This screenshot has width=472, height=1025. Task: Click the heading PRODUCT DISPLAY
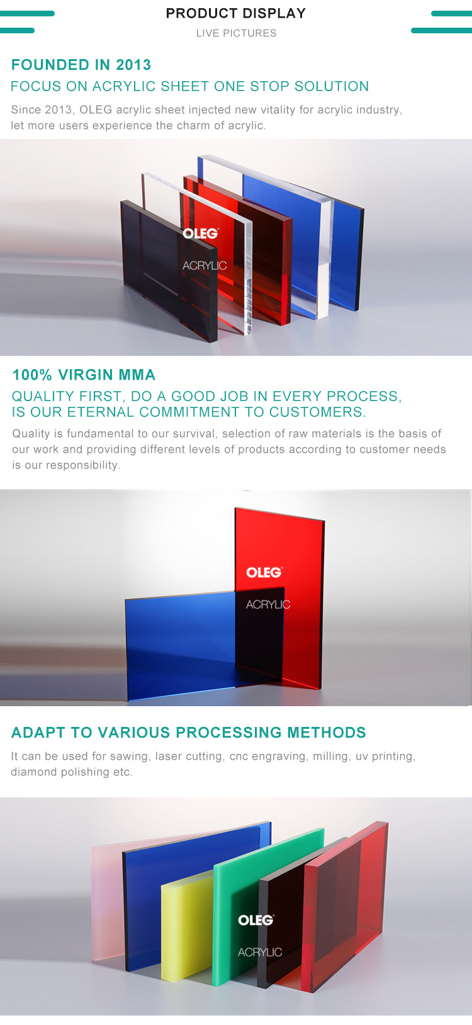tap(236, 13)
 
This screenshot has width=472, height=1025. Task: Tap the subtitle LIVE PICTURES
tap(236, 33)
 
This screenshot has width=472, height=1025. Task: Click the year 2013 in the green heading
tap(133, 65)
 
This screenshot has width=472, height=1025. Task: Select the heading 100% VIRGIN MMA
tap(84, 375)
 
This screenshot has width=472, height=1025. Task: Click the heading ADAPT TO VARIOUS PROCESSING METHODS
tap(188, 733)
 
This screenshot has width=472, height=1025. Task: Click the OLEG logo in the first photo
tap(201, 233)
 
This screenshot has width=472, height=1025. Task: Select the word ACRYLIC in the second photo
tap(268, 604)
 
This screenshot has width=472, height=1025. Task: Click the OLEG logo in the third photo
tap(256, 920)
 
